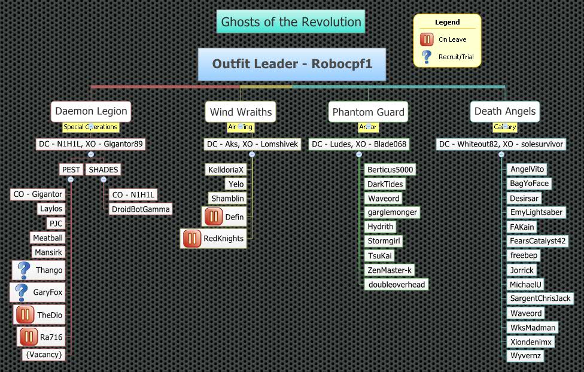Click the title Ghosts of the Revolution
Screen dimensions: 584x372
tap(291, 22)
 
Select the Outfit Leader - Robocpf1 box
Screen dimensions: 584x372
tap(292, 64)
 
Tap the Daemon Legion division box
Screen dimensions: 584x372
tap(91, 111)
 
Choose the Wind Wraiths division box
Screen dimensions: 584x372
tap(241, 112)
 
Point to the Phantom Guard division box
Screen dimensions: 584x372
tap(368, 112)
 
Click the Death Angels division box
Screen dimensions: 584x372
tap(505, 111)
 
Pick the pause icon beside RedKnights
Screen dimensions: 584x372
tap(192, 238)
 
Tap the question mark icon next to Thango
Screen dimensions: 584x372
tap(24, 270)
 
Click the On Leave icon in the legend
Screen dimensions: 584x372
tap(427, 39)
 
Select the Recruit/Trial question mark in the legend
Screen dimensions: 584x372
tap(427, 57)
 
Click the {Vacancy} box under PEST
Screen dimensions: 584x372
tap(43, 354)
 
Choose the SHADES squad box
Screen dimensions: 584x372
tap(104, 169)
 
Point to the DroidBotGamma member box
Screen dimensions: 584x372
tap(141, 209)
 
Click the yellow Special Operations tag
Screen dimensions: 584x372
tap(91, 127)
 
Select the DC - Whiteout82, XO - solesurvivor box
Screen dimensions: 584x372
tap(501, 144)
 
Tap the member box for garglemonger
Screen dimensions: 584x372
tap(392, 212)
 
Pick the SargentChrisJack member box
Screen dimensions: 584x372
tap(540, 298)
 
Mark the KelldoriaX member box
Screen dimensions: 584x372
tap(226, 170)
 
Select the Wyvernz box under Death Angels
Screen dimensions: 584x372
tap(525, 356)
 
